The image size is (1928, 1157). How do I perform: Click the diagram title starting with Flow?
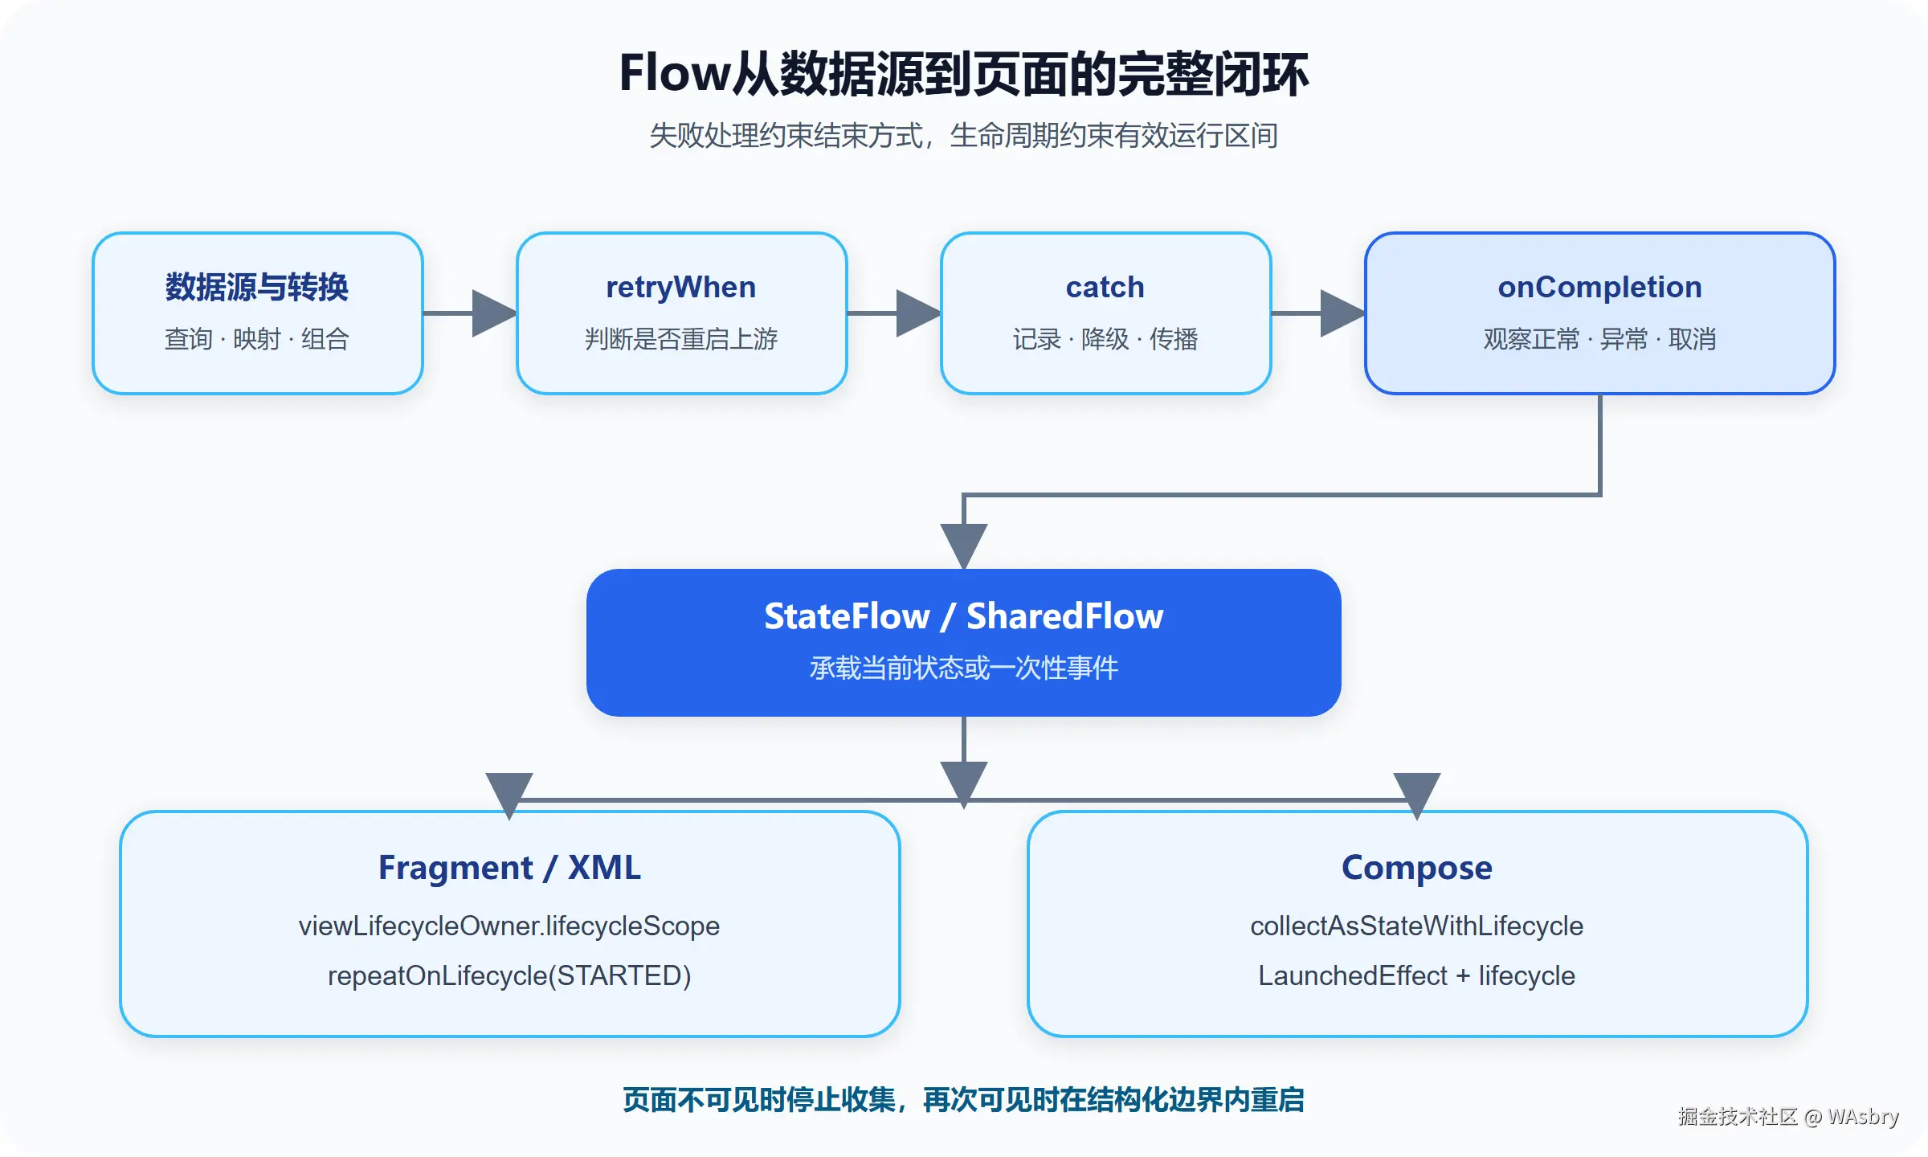(x=964, y=74)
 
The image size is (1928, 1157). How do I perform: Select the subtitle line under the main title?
(x=964, y=136)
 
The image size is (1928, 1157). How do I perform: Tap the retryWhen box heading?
(x=681, y=288)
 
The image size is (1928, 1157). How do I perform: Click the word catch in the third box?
(x=1105, y=287)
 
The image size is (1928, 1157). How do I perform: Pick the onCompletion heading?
(x=1600, y=288)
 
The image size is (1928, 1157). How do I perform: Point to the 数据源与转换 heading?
(x=257, y=287)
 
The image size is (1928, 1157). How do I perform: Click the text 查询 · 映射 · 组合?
(x=257, y=339)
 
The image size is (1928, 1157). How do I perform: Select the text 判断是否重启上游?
(x=681, y=339)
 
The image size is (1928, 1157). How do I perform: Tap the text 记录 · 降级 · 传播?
(x=1105, y=339)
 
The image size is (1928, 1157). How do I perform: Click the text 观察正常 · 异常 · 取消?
(x=1600, y=339)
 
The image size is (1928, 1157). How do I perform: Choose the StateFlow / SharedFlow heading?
(x=964, y=616)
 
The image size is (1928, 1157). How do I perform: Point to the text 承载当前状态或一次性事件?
(x=964, y=668)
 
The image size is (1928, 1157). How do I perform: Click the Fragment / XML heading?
(x=510, y=868)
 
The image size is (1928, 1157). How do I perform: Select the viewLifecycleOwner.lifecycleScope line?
(x=509, y=926)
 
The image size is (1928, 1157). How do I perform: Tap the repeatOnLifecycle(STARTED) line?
(x=509, y=976)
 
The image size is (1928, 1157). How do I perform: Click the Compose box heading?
(x=1417, y=869)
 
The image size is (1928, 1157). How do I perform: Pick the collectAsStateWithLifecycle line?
(x=1417, y=926)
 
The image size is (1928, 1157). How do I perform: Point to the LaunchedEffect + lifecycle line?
(x=1417, y=976)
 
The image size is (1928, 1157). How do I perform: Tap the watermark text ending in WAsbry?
(x=1788, y=1117)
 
